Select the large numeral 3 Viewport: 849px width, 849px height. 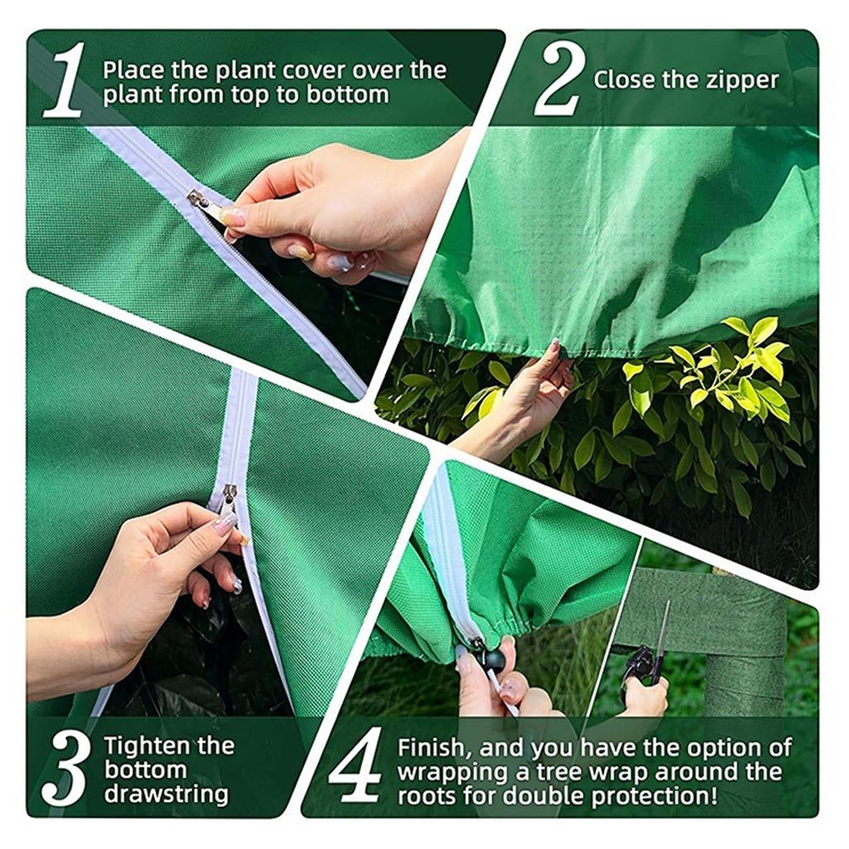click(x=65, y=768)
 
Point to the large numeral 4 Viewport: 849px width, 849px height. click(x=356, y=765)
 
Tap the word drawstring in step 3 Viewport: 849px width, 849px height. click(x=167, y=795)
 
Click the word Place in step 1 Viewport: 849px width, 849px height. click(x=133, y=71)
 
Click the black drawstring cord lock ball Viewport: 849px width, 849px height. click(x=494, y=659)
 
